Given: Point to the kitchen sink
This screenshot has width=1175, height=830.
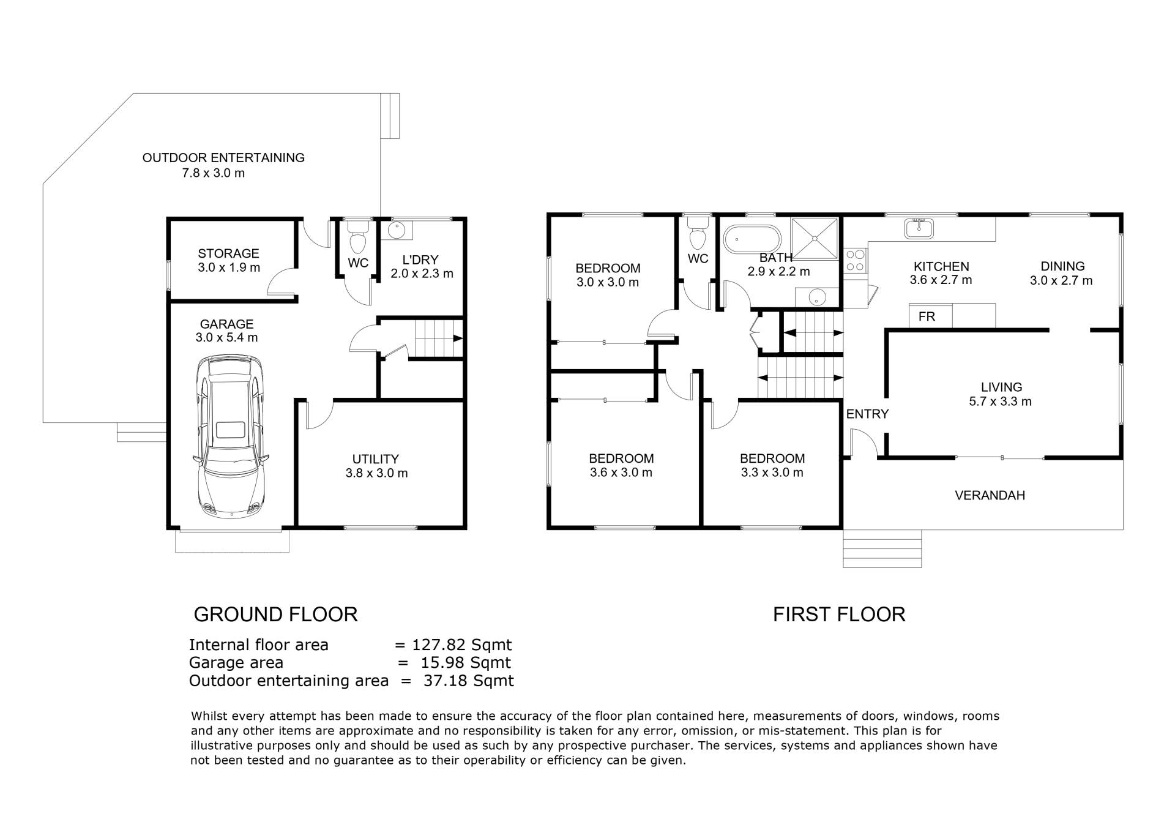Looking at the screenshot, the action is coord(918,228).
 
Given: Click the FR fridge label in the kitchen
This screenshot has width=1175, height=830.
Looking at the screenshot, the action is coord(927,316).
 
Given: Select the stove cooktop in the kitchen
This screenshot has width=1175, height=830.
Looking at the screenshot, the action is coord(856,260).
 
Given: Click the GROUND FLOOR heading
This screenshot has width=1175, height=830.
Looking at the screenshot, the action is coord(275,614).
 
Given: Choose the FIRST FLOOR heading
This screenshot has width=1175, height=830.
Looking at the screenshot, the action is coord(839,614).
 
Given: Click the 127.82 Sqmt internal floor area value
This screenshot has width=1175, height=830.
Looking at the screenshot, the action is coord(461,645).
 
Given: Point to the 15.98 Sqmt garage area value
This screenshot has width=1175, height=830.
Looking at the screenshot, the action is coord(465,662).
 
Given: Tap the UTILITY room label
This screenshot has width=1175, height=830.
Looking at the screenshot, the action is coord(376,458).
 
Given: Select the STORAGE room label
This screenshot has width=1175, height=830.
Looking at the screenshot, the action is coord(228,253).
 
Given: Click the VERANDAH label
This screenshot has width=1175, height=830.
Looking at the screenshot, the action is coord(990,495).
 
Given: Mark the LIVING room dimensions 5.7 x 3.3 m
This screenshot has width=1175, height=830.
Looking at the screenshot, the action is coord(1001,402).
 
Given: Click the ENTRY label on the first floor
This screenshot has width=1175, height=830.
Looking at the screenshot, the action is coord(867,414).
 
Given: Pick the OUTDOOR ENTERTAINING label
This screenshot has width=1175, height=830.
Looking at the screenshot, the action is coord(223,157).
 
